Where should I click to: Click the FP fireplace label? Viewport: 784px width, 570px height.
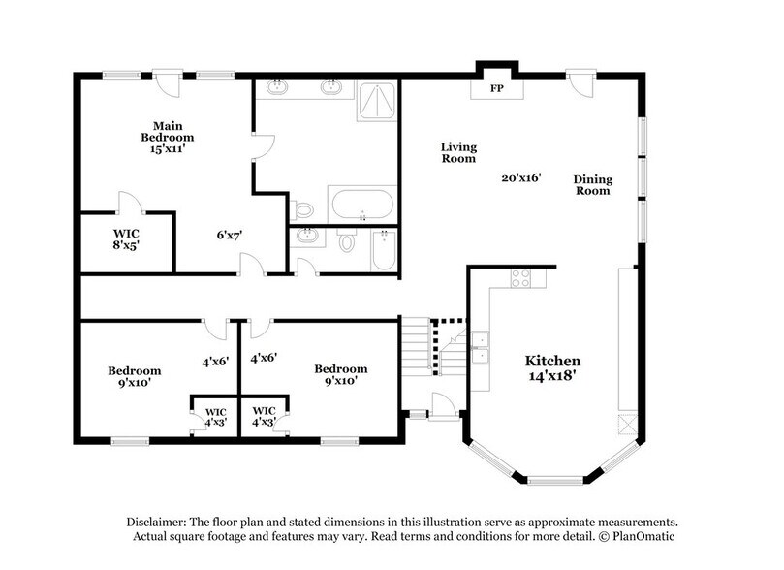pyautogui.click(x=495, y=88)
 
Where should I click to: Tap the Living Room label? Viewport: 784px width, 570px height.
pyautogui.click(x=458, y=152)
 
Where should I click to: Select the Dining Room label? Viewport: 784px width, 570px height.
pyautogui.click(x=591, y=184)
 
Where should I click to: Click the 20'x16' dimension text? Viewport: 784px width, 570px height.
pyautogui.click(x=520, y=177)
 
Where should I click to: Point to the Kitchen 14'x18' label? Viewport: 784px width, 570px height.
pyautogui.click(x=552, y=365)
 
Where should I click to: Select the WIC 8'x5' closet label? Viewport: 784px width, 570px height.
pyautogui.click(x=127, y=239)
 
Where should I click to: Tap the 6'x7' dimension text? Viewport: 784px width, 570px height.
pyautogui.click(x=229, y=234)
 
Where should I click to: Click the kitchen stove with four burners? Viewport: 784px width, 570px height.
pyautogui.click(x=520, y=277)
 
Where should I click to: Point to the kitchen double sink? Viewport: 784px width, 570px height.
pyautogui.click(x=480, y=347)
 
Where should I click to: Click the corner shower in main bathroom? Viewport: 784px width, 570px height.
pyautogui.click(x=377, y=100)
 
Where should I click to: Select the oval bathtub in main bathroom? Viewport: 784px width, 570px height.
pyautogui.click(x=361, y=205)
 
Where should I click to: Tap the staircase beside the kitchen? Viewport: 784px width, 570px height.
pyautogui.click(x=420, y=346)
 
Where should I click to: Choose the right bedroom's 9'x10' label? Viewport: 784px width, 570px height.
pyautogui.click(x=340, y=374)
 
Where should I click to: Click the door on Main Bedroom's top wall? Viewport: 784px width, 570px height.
pyautogui.click(x=169, y=81)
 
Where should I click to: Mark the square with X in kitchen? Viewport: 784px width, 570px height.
pyautogui.click(x=627, y=426)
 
